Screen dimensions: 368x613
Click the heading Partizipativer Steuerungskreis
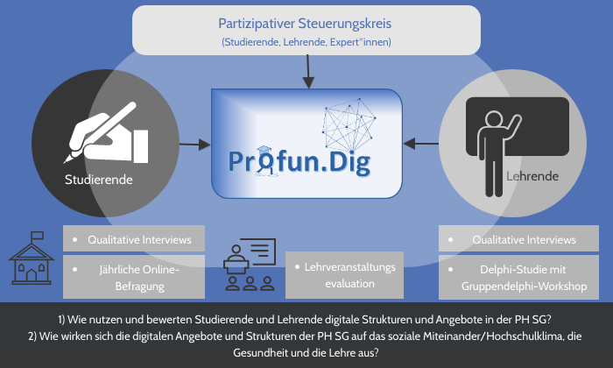point(306,24)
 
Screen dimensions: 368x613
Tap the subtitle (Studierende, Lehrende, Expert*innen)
point(306,42)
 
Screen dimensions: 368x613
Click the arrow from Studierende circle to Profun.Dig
point(194,142)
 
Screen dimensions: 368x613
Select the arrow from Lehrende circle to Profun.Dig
point(426,142)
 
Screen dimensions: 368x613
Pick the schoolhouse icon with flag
point(32,258)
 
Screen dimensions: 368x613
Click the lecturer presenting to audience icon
point(250,262)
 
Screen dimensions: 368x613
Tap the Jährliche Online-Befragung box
point(134,276)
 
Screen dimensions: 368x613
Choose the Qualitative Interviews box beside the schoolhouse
point(134,239)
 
